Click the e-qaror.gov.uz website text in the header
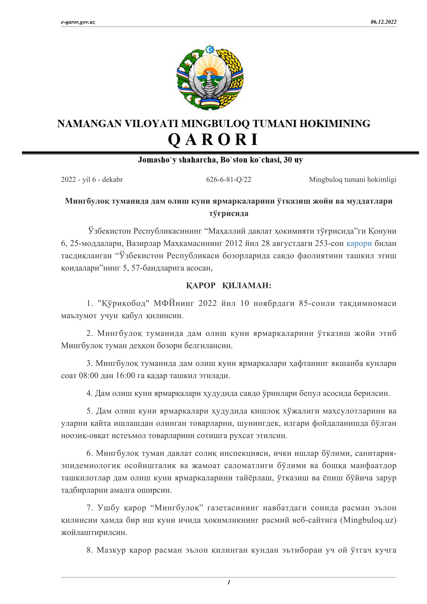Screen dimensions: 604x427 pos(78,22)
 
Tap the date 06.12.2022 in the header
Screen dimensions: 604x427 pos(383,22)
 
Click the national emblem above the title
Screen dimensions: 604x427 pos(210,78)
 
